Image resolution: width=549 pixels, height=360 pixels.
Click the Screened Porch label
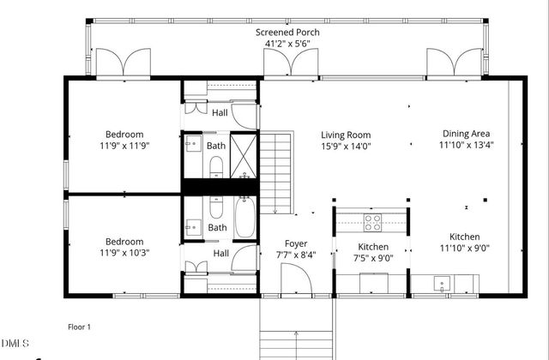tap(287, 33)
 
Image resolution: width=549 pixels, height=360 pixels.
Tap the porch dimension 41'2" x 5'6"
tap(287, 45)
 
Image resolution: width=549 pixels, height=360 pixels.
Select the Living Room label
tap(346, 135)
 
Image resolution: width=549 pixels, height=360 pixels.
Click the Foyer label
tap(296, 243)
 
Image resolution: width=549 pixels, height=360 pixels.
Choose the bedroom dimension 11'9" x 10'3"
tap(124, 254)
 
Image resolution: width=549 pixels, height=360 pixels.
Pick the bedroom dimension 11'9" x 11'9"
tap(124, 146)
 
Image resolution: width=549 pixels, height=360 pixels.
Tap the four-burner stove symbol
tap(373, 223)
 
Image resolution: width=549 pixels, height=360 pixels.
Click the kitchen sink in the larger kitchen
tap(442, 282)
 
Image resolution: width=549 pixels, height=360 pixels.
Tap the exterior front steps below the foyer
tap(296, 330)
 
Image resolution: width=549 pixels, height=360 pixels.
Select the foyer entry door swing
tap(294, 279)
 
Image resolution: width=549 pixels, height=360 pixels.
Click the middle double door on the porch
tap(304, 61)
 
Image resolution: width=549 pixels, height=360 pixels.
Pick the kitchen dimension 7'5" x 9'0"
tap(373, 259)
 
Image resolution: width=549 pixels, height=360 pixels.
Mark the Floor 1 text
tap(79, 327)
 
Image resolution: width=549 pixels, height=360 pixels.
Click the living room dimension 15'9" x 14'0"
tap(346, 146)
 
